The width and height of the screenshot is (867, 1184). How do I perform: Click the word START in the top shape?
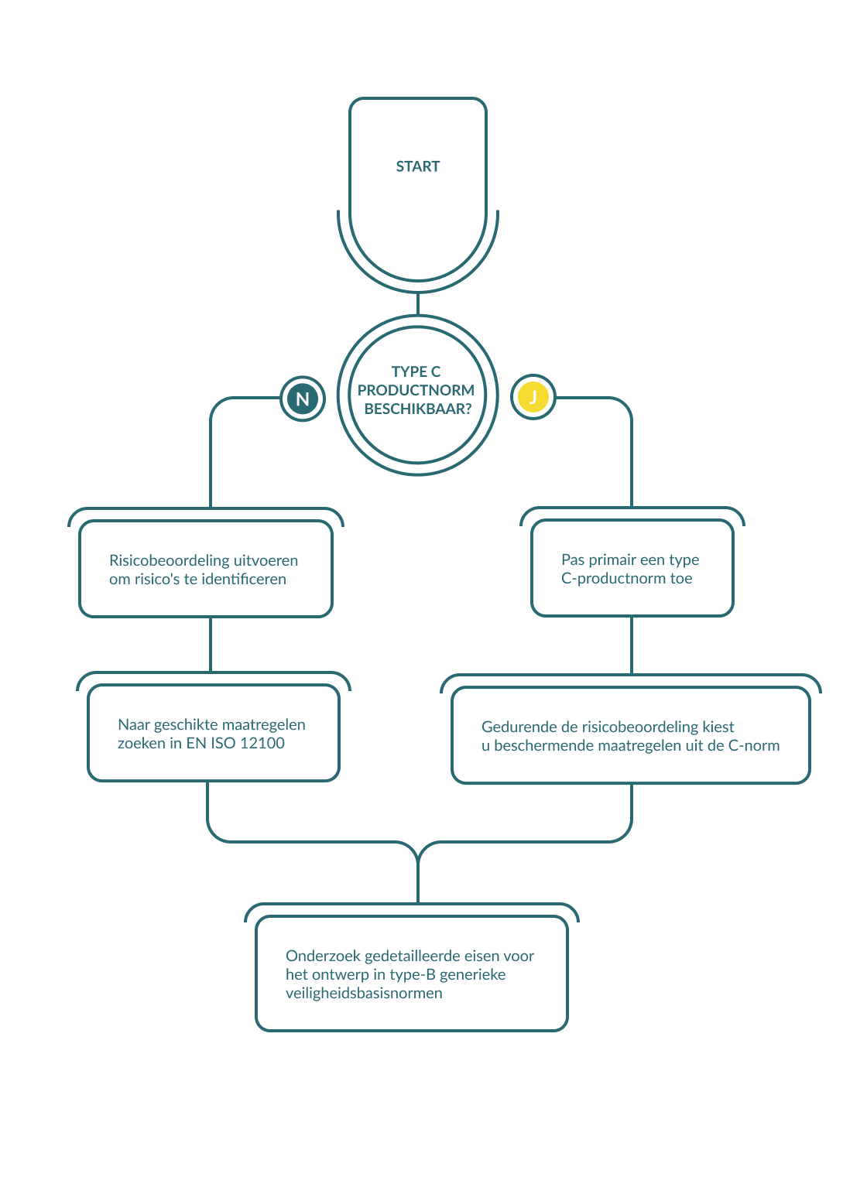click(418, 166)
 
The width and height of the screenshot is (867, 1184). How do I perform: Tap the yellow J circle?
click(533, 398)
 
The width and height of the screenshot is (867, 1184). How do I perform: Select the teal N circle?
click(303, 399)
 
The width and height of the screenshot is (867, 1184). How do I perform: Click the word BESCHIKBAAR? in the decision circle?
click(417, 409)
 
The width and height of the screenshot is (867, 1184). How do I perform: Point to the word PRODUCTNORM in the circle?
click(416, 390)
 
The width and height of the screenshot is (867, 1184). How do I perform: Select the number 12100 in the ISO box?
click(262, 744)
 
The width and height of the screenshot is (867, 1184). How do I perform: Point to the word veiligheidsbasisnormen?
click(364, 993)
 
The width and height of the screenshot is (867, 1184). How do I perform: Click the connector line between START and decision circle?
click(418, 303)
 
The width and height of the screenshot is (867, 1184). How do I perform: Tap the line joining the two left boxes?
click(211, 644)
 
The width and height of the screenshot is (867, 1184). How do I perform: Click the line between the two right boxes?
click(632, 645)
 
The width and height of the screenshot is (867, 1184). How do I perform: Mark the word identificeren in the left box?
click(244, 579)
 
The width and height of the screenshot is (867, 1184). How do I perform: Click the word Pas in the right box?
click(573, 559)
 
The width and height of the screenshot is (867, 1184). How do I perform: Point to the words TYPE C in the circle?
click(416, 371)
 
